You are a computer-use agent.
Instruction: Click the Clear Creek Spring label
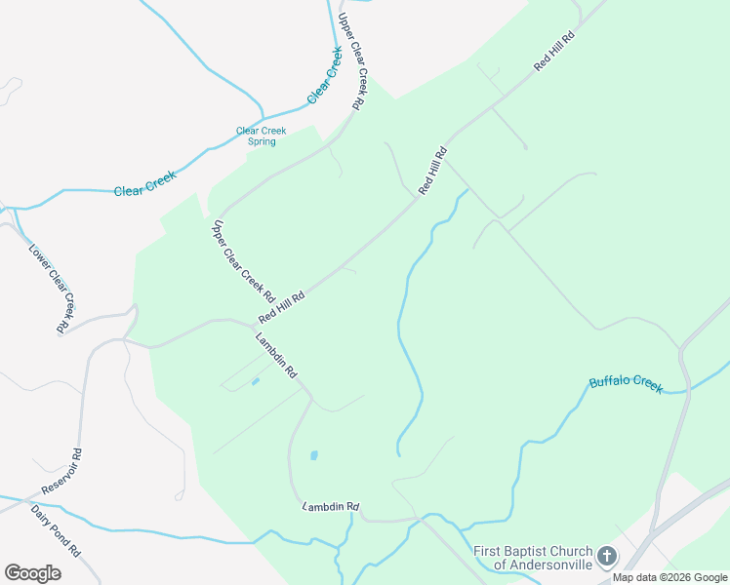pos(256,136)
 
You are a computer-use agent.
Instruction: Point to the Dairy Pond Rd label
pos(55,529)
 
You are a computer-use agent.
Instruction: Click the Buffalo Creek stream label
pos(626,383)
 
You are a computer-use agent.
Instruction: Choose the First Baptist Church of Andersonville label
pos(532,558)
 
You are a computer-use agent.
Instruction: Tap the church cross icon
pos(606,557)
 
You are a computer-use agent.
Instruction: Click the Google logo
pos(32,573)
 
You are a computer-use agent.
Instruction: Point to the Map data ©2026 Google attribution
pos(669,577)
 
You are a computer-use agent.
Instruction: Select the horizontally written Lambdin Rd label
pos(331,507)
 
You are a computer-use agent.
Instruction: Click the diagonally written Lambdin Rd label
pos(275,357)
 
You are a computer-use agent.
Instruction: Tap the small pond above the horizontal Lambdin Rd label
pos(313,455)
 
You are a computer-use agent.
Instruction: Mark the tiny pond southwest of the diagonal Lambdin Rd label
pos(255,381)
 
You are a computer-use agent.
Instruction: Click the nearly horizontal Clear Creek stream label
pos(144,184)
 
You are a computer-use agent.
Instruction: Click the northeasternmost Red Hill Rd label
pos(554,50)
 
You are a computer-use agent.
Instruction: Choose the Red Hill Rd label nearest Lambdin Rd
pos(282,307)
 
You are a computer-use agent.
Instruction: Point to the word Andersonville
pos(542,565)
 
